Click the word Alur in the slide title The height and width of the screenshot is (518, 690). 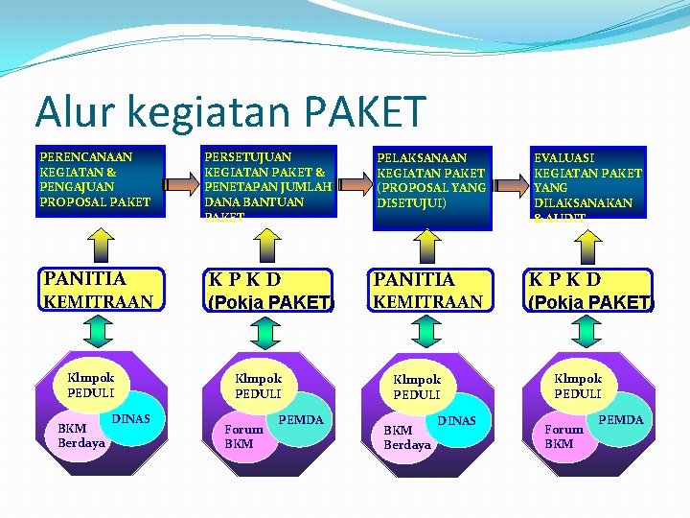[x=78, y=113]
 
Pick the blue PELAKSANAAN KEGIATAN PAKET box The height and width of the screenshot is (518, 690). [x=431, y=187]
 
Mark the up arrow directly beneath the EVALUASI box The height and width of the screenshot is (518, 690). [x=588, y=245]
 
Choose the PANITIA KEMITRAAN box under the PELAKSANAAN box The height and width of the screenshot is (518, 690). [x=427, y=290]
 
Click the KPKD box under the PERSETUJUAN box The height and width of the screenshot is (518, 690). [x=268, y=290]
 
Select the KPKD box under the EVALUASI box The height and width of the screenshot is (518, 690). [x=589, y=290]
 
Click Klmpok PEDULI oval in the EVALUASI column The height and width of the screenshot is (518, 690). [x=578, y=386]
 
